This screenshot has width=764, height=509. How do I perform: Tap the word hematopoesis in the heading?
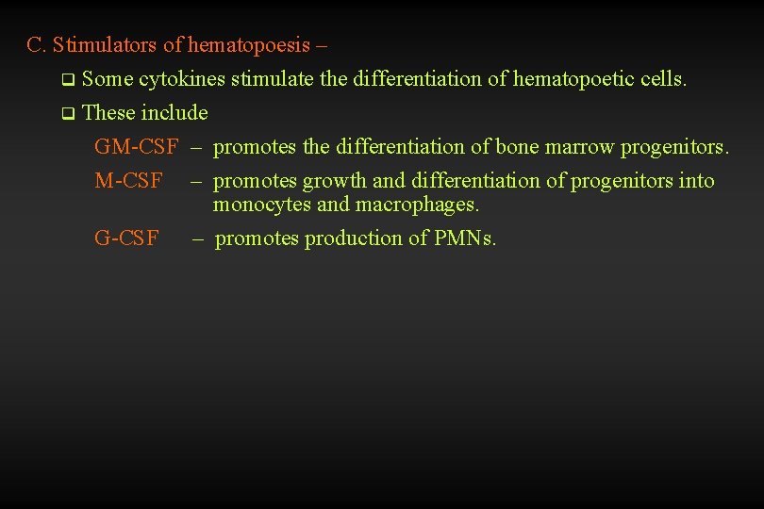click(250, 44)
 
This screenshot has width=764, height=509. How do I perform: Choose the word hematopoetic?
click(573, 78)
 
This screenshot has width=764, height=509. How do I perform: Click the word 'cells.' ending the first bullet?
click(663, 78)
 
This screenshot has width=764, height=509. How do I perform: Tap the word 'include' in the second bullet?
click(174, 113)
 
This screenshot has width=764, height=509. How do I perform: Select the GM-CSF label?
click(136, 147)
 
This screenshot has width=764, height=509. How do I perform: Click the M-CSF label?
click(128, 180)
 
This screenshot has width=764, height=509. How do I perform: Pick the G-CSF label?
click(126, 238)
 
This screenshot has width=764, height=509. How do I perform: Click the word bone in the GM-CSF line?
click(517, 147)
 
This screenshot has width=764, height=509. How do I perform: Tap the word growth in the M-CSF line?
click(333, 181)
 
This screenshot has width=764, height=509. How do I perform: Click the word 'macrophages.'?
click(418, 204)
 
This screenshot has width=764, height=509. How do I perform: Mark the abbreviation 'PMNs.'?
click(465, 238)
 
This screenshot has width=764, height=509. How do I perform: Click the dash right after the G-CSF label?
click(198, 238)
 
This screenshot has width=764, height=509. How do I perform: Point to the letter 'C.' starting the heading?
click(37, 44)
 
